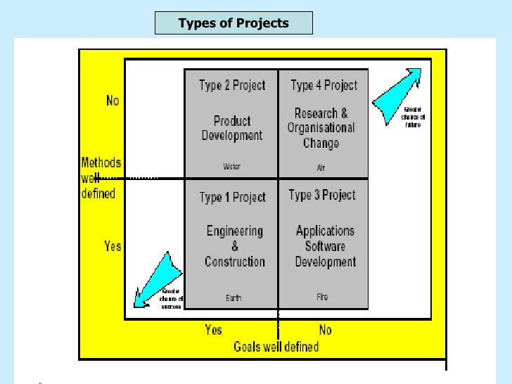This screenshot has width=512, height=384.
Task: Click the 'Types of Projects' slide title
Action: (233, 23)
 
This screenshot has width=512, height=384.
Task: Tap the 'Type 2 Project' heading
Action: (232, 86)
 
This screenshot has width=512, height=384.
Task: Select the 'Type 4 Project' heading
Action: (324, 86)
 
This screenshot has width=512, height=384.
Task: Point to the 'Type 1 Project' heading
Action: (232, 197)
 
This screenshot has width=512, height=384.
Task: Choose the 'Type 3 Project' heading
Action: (322, 195)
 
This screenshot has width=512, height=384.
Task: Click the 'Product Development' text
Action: (232, 128)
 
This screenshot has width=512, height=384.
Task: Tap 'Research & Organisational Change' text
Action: (321, 128)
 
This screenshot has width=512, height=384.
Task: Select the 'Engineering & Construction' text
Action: (235, 246)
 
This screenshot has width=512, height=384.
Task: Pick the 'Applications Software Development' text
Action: (325, 246)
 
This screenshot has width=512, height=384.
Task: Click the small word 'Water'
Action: (231, 167)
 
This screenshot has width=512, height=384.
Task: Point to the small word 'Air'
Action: (321, 168)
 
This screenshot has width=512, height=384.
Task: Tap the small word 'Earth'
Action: (233, 298)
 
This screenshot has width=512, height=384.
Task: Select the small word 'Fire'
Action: (322, 297)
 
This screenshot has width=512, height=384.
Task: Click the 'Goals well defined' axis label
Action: (276, 346)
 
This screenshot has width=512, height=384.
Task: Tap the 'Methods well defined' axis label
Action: (101, 178)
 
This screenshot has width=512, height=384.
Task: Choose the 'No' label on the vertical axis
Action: (113, 101)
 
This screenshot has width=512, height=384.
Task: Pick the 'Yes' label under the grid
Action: (213, 329)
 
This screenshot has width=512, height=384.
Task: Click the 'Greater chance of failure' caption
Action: (413, 117)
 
